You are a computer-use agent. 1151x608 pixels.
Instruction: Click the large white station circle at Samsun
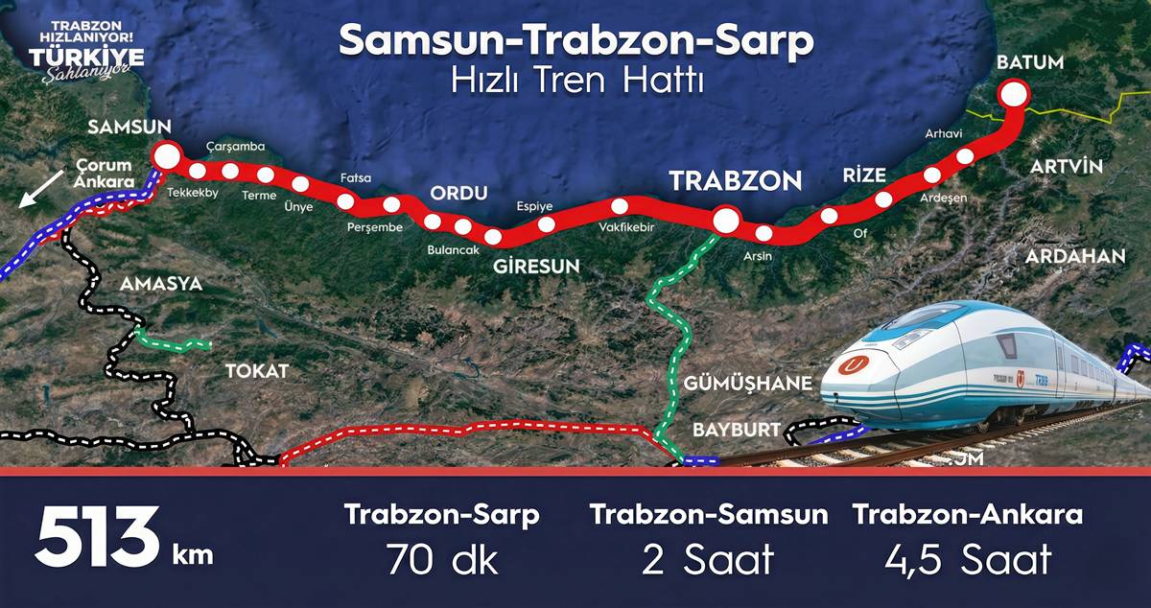point(168,156)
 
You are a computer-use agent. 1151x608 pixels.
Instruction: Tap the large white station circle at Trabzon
point(726,222)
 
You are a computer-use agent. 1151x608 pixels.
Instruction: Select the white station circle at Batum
point(1014,94)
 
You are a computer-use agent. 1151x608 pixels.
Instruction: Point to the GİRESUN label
point(537,266)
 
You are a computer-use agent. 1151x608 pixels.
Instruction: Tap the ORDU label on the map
point(458,192)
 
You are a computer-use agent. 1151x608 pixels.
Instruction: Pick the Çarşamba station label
point(237,147)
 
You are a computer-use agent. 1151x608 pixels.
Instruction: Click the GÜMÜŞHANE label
point(748,384)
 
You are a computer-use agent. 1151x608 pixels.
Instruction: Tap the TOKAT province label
point(256,371)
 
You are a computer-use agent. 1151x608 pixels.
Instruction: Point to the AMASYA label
point(161,284)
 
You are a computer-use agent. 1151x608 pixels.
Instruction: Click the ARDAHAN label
point(1074,256)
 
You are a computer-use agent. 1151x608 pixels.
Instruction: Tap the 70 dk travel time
point(442,559)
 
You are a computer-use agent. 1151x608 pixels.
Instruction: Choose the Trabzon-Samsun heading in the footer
point(709,514)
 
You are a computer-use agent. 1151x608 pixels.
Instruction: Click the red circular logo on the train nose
point(852,365)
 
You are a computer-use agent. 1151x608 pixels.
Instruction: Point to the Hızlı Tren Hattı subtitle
point(577,81)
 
